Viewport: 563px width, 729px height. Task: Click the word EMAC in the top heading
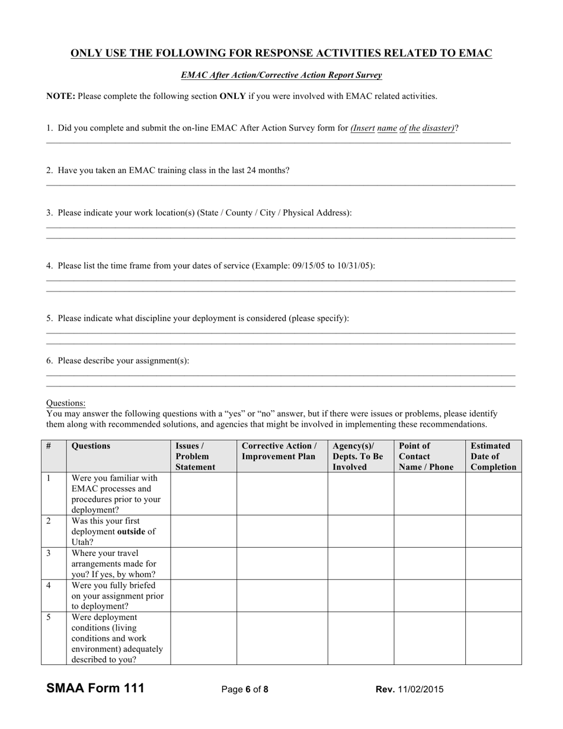pos(475,53)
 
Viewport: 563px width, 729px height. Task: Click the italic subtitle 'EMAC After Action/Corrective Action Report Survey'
pos(281,75)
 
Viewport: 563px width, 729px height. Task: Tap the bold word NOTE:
pos(60,96)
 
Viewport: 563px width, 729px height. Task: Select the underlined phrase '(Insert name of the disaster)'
pos(402,128)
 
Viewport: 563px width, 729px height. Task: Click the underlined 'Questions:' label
pos(66,403)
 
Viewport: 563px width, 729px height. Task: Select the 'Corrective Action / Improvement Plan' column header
pos(281,451)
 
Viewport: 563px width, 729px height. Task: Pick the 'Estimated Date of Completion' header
pos(493,456)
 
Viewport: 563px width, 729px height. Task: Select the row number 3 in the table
pos(49,553)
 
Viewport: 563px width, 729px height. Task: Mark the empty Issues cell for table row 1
pos(203,494)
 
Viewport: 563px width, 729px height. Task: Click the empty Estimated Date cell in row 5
pos(493,638)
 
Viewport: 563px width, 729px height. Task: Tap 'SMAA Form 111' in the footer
pos(95,688)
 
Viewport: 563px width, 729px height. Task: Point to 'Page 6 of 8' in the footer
pos(245,689)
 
